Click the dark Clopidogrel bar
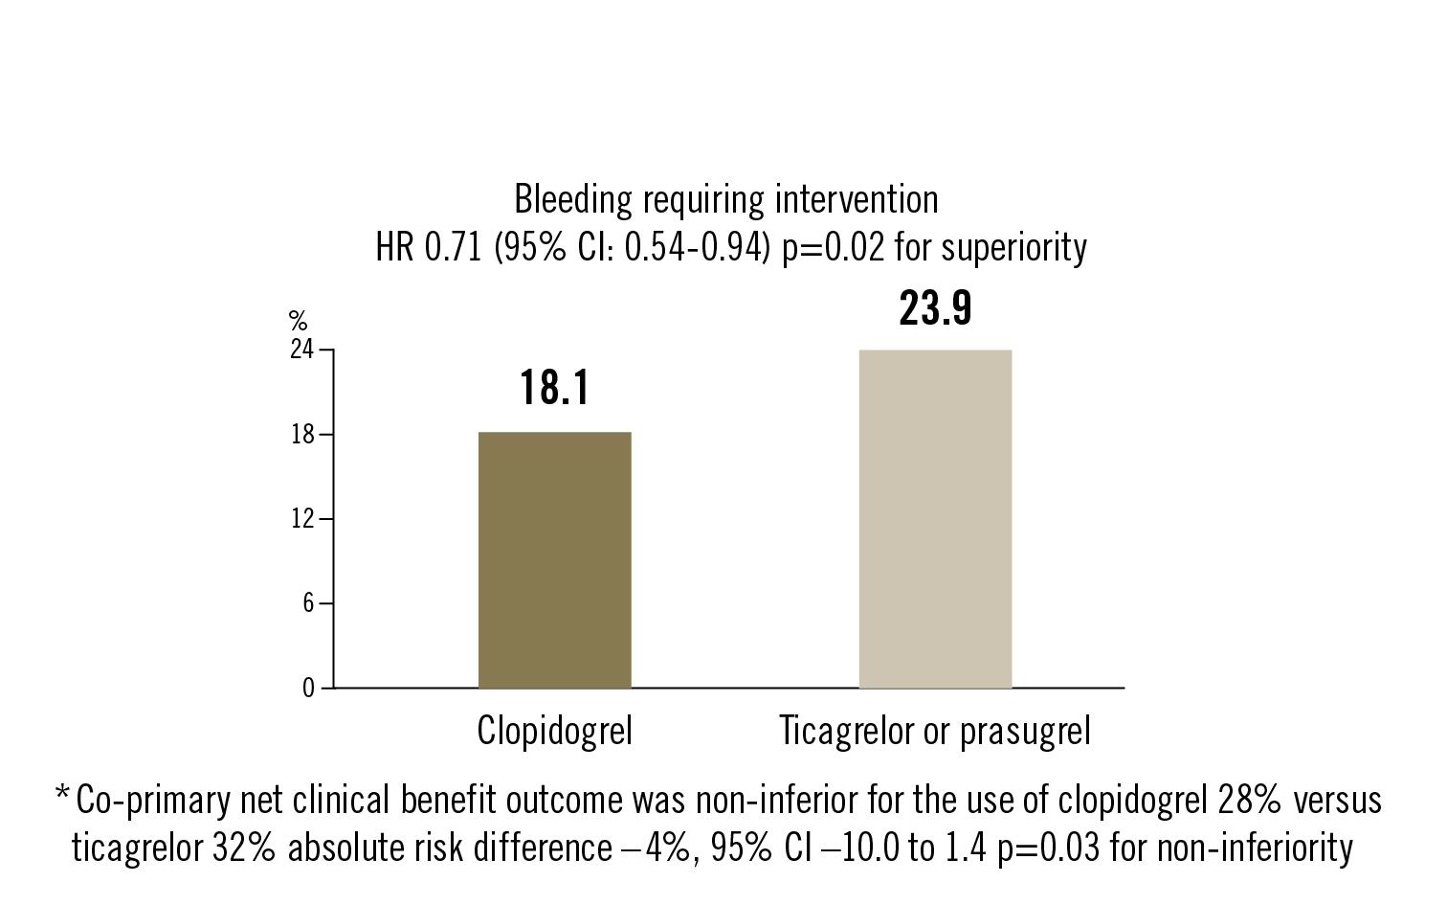coord(554,560)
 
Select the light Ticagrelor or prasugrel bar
coord(935,519)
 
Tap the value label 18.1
coord(554,388)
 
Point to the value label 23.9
coord(935,308)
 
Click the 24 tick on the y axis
coord(301,351)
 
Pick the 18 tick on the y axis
coord(301,435)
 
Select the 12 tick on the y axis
coord(301,519)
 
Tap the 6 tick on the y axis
coord(307,603)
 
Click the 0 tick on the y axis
coord(307,688)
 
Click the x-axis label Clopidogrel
coord(554,732)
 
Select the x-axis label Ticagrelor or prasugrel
coord(935,732)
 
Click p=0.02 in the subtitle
coord(834,248)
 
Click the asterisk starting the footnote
coord(62,797)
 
